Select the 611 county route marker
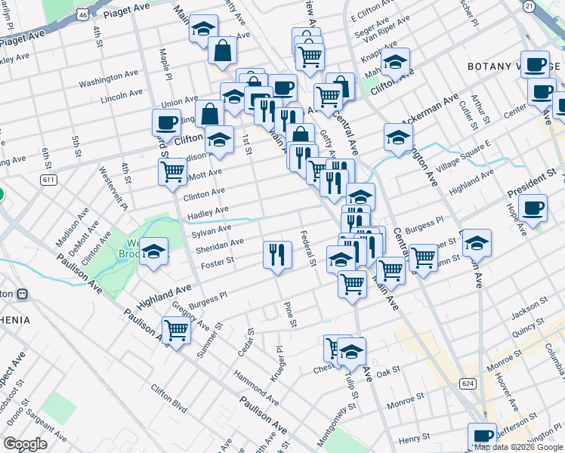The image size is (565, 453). pos(50,179)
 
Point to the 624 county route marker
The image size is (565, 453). pos(468,384)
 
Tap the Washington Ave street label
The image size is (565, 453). pos(106,81)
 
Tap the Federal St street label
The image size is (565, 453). pos(308,248)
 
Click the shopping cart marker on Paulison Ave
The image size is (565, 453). pos(176,329)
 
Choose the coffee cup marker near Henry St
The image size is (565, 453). pos(481,436)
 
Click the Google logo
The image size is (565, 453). pos(26,444)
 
